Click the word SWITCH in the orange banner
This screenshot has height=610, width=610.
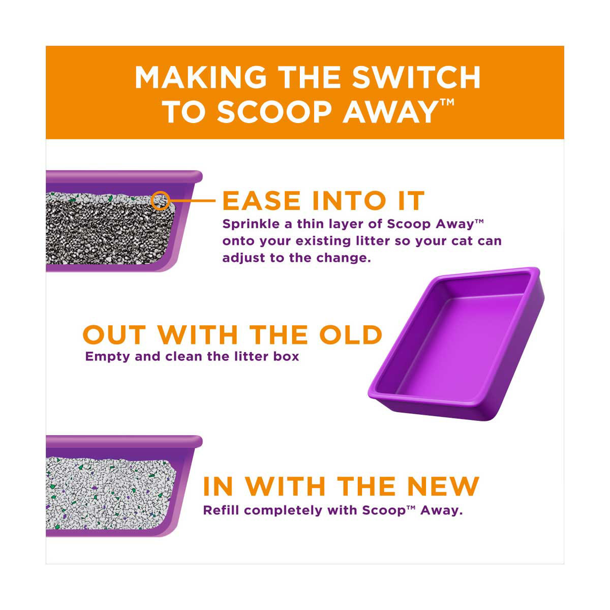pos(416,77)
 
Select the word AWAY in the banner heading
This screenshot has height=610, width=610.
pos(389,112)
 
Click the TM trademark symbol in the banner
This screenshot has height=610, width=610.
pos(446,102)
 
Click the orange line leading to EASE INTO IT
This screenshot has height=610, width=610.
pos(193,201)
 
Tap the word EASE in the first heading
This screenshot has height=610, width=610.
pos(261,201)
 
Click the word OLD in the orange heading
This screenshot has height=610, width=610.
pos(351,334)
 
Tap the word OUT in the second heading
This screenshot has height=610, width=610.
pos(114,334)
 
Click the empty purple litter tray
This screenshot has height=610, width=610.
pos(456,344)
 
